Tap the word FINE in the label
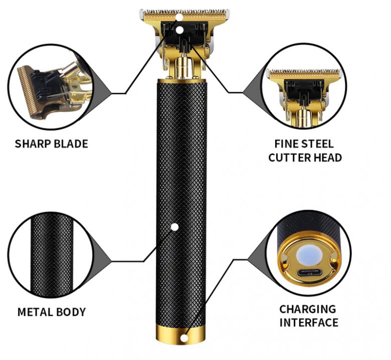285,144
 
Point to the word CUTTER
289,157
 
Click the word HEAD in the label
327,157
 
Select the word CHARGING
308,309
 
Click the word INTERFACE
309,322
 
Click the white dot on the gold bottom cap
184,338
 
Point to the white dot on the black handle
174,227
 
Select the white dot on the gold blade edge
179,18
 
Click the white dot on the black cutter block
180,30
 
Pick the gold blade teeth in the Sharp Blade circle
25,90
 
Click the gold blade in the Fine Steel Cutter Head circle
304,74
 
